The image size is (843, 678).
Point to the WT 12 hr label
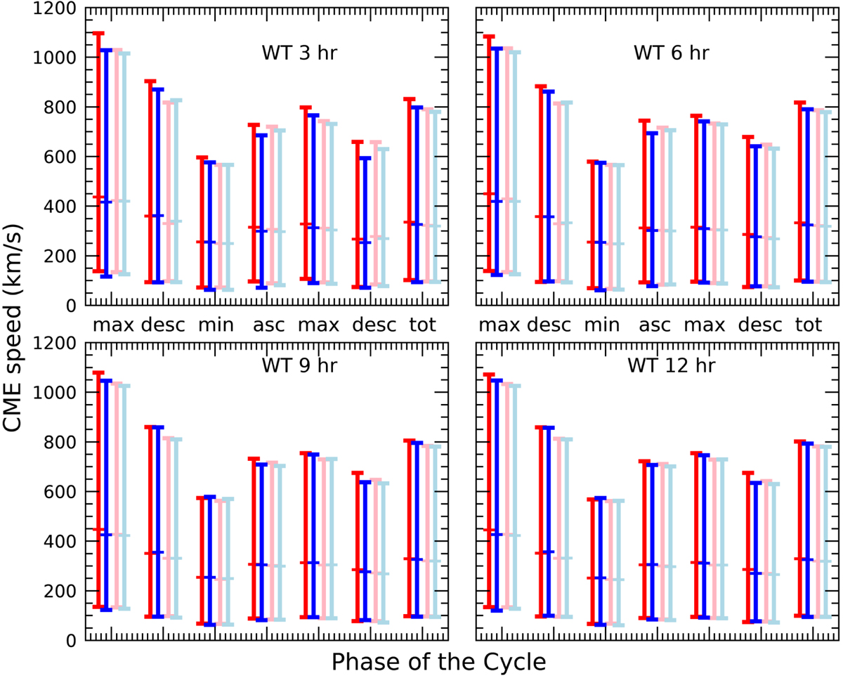(x=677, y=366)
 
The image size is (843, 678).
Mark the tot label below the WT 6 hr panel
(x=809, y=326)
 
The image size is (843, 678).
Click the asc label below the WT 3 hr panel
(x=268, y=326)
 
